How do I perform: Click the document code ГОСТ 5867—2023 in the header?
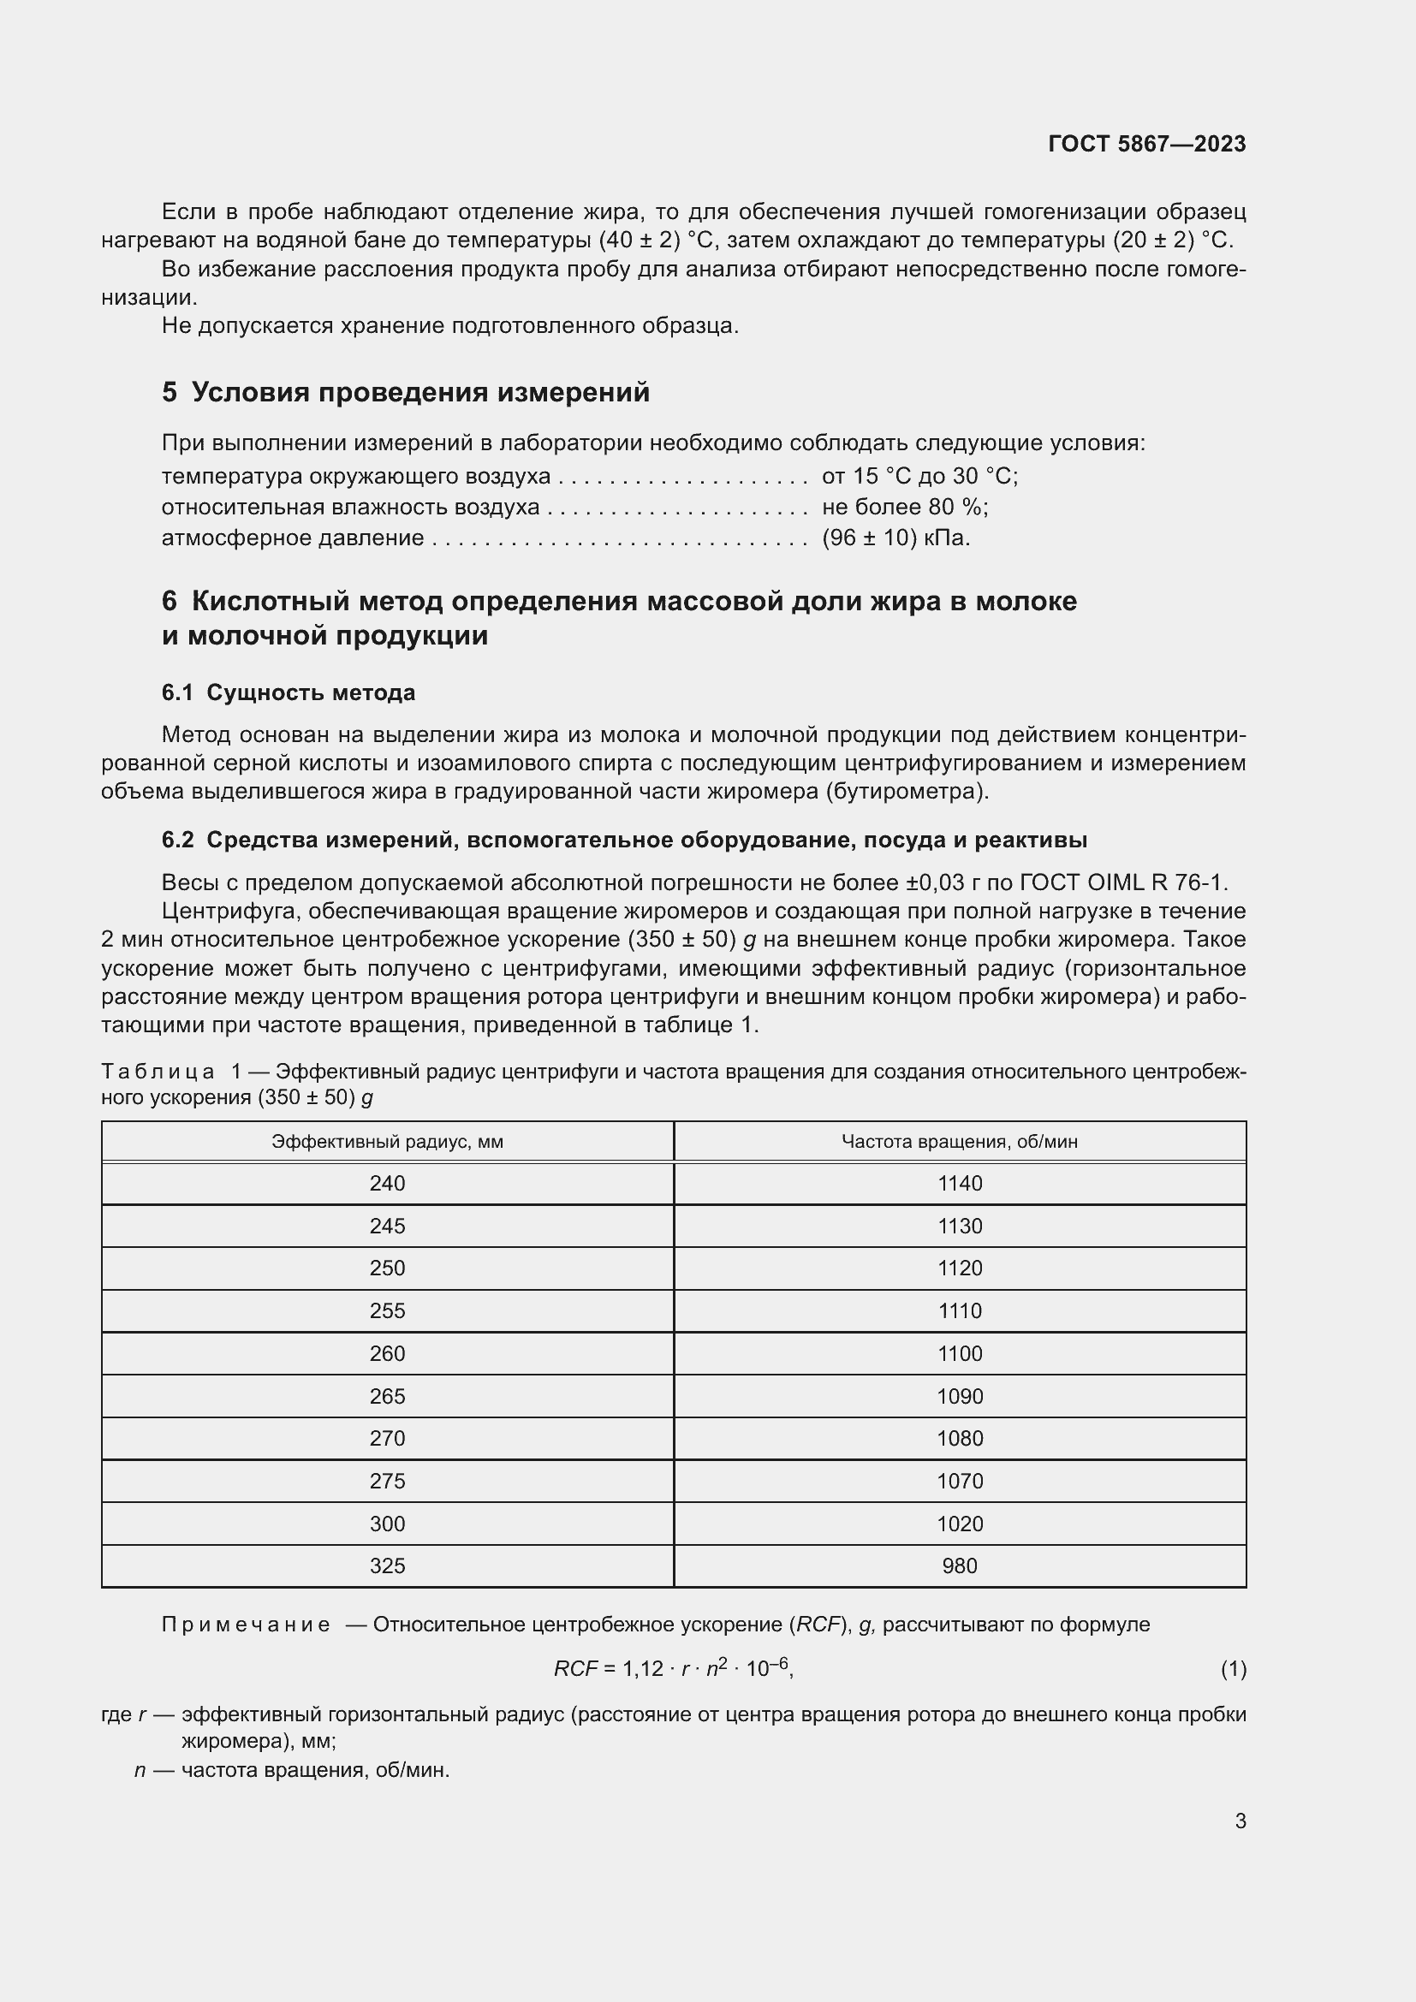tap(1146, 144)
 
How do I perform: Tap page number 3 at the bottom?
tap(1240, 1821)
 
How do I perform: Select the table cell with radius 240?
tap(387, 1183)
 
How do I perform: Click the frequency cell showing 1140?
tap(959, 1183)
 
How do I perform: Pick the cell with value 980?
tap(959, 1565)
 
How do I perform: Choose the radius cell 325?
tap(387, 1565)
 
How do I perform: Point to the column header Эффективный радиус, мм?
tap(387, 1142)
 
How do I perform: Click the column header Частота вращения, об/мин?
tap(959, 1142)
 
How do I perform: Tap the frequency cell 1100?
tap(959, 1353)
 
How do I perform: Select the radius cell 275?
tap(387, 1481)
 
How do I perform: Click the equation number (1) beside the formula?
tap(1233, 1669)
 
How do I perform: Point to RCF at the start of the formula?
tap(575, 1669)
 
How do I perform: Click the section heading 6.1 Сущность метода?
tap(289, 692)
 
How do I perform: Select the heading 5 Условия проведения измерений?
tap(407, 392)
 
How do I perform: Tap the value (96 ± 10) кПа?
tap(895, 538)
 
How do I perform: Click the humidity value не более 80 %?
tap(904, 508)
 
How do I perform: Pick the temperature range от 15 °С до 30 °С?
tap(919, 476)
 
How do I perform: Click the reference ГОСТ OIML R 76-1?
tap(1123, 882)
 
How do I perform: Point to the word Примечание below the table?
tap(247, 1625)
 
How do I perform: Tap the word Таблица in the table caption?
tap(158, 1072)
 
